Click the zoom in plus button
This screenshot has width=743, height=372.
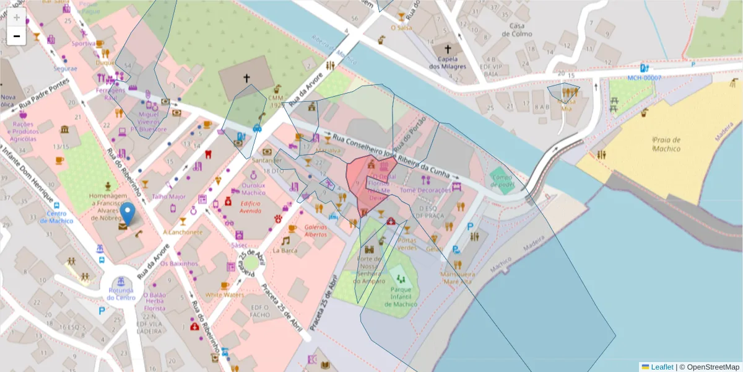(17, 17)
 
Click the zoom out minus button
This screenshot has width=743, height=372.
(17, 36)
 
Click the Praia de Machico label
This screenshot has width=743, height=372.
(666, 144)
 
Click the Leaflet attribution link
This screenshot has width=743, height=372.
(662, 367)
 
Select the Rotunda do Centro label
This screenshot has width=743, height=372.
(121, 294)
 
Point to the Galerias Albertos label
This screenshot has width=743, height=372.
(316, 231)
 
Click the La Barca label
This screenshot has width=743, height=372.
(285, 250)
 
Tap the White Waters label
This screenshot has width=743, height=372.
(225, 295)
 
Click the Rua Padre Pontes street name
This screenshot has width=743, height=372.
(45, 98)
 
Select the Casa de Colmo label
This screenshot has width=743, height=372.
(517, 30)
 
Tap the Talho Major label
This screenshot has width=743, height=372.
(168, 197)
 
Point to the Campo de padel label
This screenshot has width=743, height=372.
(502, 180)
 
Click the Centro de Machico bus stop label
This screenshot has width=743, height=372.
(57, 218)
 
